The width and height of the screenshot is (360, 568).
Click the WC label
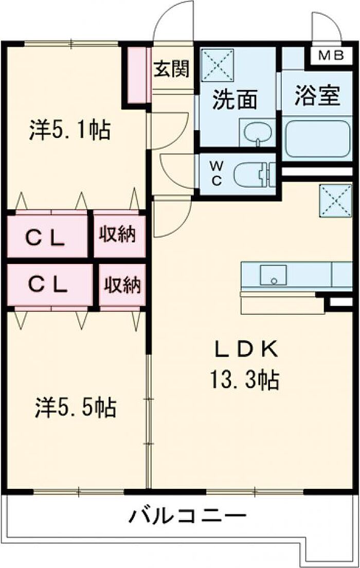(217, 173)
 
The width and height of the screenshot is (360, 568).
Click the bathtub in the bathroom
(317, 138)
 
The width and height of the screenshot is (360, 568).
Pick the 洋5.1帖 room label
(68, 130)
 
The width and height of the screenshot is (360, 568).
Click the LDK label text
(246, 350)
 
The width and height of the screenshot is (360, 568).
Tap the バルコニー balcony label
(187, 514)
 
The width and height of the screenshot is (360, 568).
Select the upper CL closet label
(46, 238)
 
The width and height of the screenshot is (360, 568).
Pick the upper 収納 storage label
(117, 235)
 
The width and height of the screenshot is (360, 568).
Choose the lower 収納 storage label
(122, 285)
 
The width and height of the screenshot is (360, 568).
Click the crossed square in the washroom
(217, 65)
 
